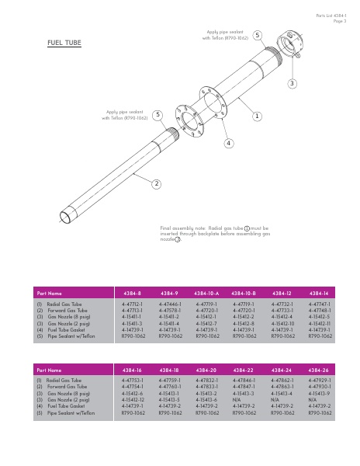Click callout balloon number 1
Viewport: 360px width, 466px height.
click(x=256, y=115)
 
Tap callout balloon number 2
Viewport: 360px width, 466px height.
click(x=156, y=183)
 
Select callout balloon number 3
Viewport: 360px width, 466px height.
click(x=292, y=82)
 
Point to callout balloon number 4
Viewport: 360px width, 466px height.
click(x=229, y=143)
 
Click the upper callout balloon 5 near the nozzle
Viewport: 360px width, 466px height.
click(x=257, y=35)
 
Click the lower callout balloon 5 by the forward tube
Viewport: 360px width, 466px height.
click(x=157, y=115)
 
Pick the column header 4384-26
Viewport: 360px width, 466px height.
click(x=320, y=370)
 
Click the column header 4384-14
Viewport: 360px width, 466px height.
click(x=320, y=293)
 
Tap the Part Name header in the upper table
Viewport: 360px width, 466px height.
click(x=49, y=293)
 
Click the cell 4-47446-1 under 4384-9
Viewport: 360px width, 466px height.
click(x=170, y=304)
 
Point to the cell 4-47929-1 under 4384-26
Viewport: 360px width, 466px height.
click(x=320, y=381)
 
